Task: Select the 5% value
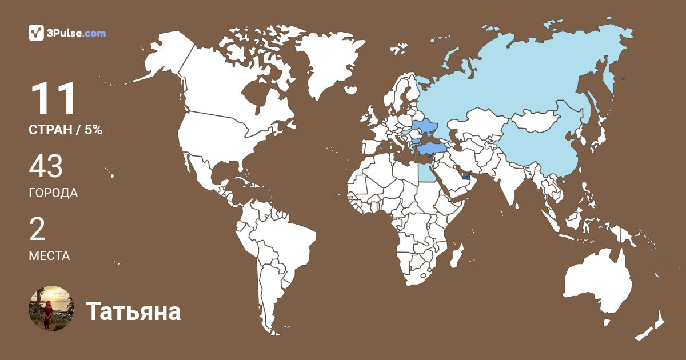(x=93, y=130)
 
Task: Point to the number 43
(x=46, y=167)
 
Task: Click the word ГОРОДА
(x=53, y=193)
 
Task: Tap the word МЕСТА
(x=49, y=255)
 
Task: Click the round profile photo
(x=51, y=309)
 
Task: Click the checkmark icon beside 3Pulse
(x=37, y=33)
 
